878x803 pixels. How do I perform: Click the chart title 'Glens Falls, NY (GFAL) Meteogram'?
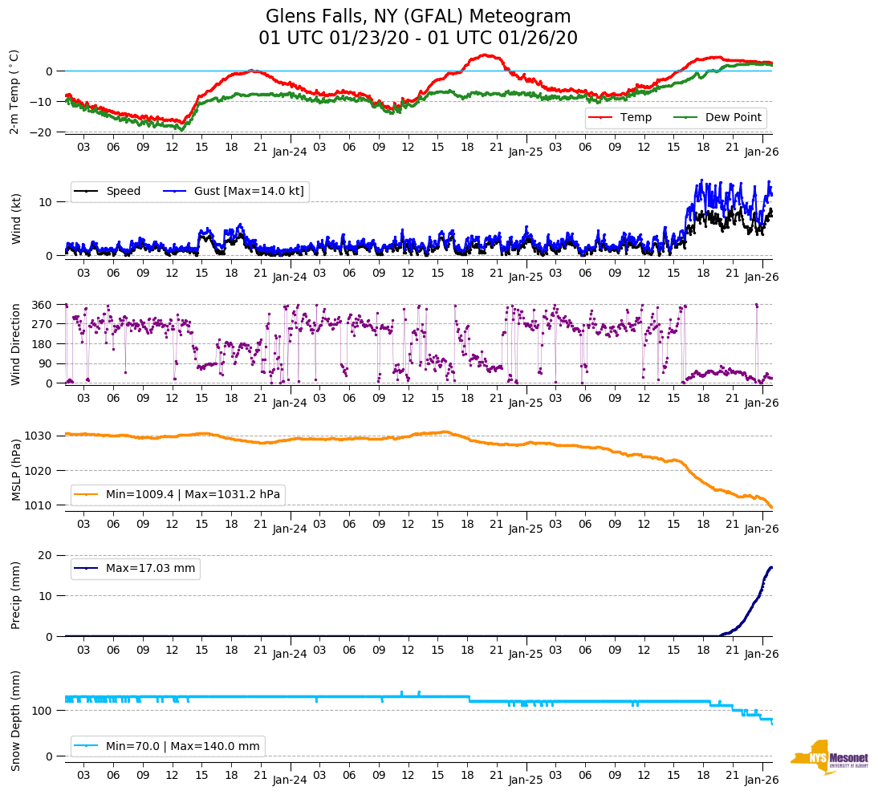[x=418, y=17]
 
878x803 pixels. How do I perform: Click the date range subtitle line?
[x=418, y=39]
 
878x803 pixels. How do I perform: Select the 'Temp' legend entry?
[x=633, y=118]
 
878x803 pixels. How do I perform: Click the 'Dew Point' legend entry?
[x=731, y=118]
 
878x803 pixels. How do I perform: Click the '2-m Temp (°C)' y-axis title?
[x=14, y=91]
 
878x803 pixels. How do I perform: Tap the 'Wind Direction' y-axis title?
[x=14, y=343]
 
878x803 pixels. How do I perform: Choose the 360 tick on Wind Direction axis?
[x=42, y=305]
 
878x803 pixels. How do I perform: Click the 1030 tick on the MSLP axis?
[x=39, y=436]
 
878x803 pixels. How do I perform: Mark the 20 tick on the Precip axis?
[x=47, y=556]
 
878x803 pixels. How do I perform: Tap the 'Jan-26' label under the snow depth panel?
[x=762, y=781]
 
